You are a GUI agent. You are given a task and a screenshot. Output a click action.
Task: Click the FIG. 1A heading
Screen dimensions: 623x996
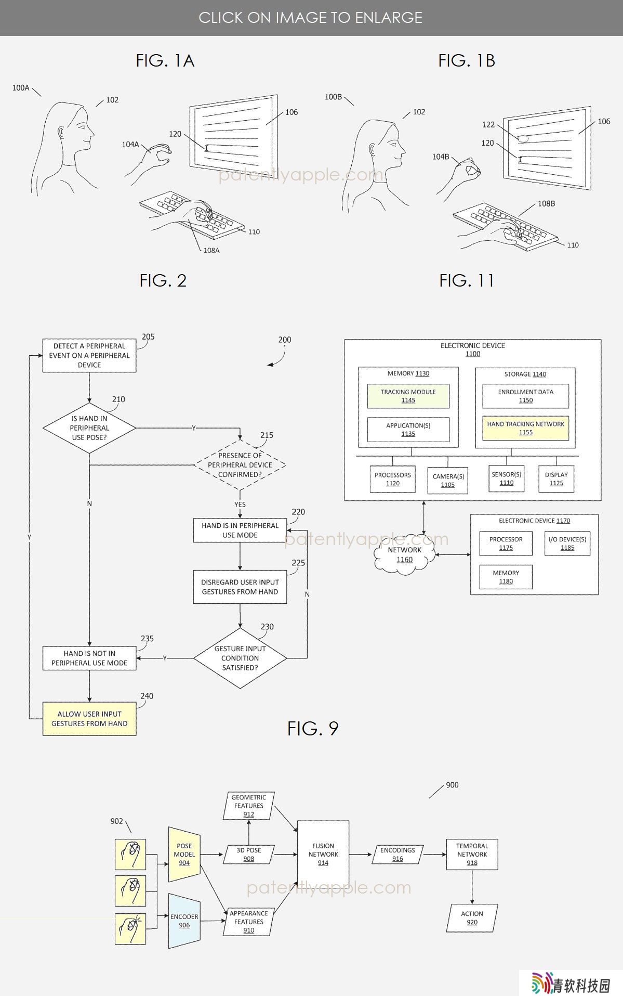tap(165, 61)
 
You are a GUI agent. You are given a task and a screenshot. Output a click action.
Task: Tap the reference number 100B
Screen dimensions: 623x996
tap(333, 97)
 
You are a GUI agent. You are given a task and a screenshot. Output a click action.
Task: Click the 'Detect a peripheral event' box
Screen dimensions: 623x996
tap(89, 356)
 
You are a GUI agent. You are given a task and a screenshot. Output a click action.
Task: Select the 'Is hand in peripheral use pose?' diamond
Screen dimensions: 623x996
tap(89, 428)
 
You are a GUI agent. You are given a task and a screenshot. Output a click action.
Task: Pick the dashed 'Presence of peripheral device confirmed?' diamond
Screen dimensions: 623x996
tap(240, 465)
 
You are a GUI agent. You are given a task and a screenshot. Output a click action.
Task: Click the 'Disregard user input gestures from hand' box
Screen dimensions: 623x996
tap(240, 587)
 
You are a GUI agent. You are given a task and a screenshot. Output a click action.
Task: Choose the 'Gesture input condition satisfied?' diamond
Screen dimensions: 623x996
tap(240, 658)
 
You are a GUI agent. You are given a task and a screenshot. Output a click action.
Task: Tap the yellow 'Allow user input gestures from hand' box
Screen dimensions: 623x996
tap(89, 719)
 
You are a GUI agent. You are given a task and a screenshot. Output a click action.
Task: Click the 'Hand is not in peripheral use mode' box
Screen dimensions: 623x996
tap(89, 658)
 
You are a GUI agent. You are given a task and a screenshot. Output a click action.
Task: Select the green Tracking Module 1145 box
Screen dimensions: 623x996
tap(408, 396)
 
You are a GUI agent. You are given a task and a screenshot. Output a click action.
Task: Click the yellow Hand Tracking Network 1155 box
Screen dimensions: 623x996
tap(525, 428)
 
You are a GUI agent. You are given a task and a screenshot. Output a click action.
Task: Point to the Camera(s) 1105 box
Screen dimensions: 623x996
tap(448, 480)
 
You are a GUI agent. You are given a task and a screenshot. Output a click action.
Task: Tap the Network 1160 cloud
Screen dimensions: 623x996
tap(405, 554)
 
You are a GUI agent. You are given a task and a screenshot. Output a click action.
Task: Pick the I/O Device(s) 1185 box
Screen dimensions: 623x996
tap(567, 544)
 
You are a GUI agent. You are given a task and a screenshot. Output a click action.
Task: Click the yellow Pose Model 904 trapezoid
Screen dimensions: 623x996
tap(184, 855)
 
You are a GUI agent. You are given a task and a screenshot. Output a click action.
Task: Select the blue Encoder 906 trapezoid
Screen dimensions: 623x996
tap(184, 921)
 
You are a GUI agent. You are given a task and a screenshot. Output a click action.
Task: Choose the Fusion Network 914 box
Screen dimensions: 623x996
tap(323, 855)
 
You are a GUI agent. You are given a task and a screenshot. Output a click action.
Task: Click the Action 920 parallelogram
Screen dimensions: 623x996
tap(472, 918)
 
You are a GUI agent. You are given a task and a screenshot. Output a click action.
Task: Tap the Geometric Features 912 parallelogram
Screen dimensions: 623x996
tap(249, 806)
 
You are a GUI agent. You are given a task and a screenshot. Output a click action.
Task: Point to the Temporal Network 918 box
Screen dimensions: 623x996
tap(472, 855)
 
